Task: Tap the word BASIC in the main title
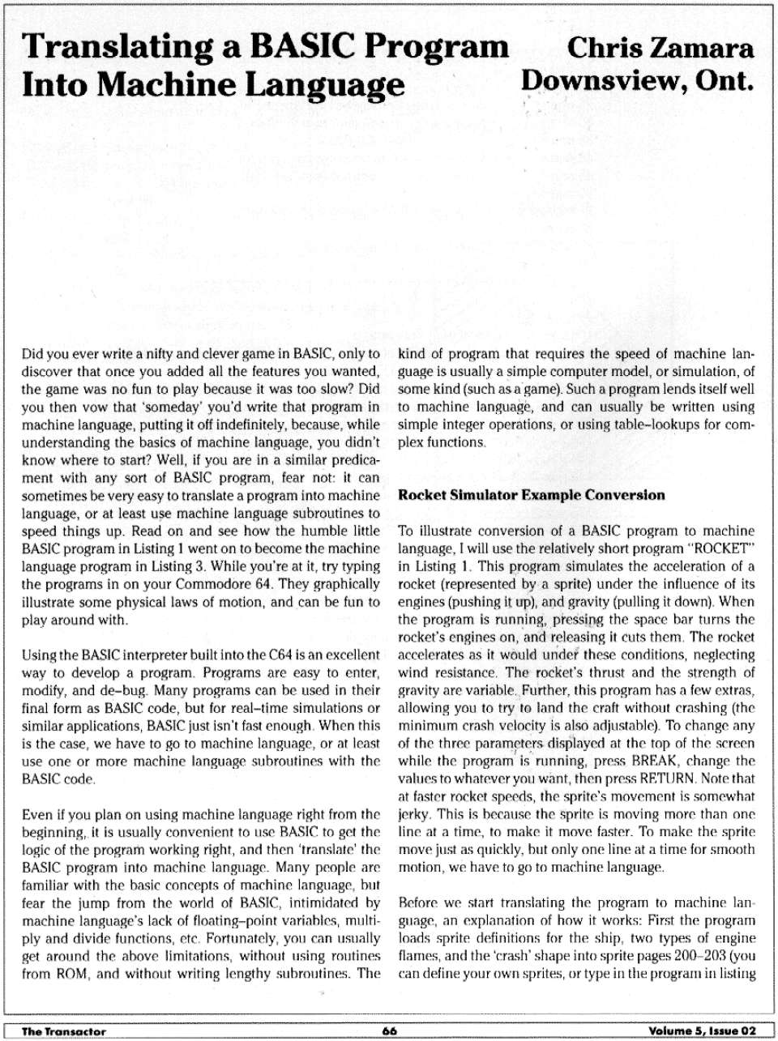click(x=300, y=47)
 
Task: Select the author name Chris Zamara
click(x=660, y=48)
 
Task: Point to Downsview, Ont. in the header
click(x=638, y=81)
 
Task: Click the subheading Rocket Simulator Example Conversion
click(x=531, y=495)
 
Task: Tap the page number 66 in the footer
click(x=390, y=1030)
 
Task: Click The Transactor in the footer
click(x=64, y=1030)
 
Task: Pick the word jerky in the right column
click(x=413, y=814)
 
